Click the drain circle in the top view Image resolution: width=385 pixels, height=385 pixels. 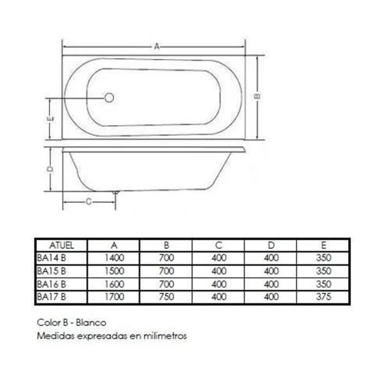[109, 98]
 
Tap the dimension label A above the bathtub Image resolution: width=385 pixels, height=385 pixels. [157, 46]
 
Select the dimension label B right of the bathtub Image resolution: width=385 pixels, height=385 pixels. [257, 96]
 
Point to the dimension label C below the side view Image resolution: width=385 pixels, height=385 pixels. [89, 202]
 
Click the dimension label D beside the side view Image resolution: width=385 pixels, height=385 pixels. [50, 169]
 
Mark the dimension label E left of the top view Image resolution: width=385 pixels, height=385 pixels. [50, 119]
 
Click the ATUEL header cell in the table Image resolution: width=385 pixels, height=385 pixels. [62, 245]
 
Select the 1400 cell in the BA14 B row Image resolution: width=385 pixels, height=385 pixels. [114, 258]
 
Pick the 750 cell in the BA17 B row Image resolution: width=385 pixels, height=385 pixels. [166, 296]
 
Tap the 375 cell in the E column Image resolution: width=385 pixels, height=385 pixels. [323, 296]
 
